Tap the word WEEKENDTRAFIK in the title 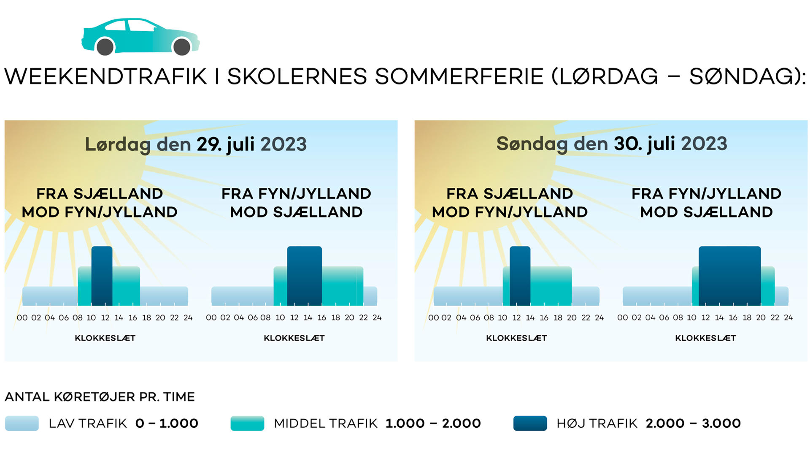pos(106,76)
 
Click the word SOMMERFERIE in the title pos(459,76)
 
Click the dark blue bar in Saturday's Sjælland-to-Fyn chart pos(102,276)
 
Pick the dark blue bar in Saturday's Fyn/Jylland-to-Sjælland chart pos(304,276)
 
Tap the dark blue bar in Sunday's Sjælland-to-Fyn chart pos(520,276)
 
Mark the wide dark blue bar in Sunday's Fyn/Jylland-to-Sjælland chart pos(730,276)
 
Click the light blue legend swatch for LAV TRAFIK pos(22,423)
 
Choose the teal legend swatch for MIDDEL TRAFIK pos(247,423)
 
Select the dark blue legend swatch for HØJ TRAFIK pos(530,423)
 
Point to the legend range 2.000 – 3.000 pos(693,423)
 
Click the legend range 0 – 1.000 pos(167,423)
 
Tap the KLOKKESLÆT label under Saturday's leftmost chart pos(105,338)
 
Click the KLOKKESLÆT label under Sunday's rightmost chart pos(705,338)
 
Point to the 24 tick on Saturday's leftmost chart pos(188,318)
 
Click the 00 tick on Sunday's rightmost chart pos(623,318)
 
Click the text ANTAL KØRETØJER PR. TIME pos(100,397)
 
